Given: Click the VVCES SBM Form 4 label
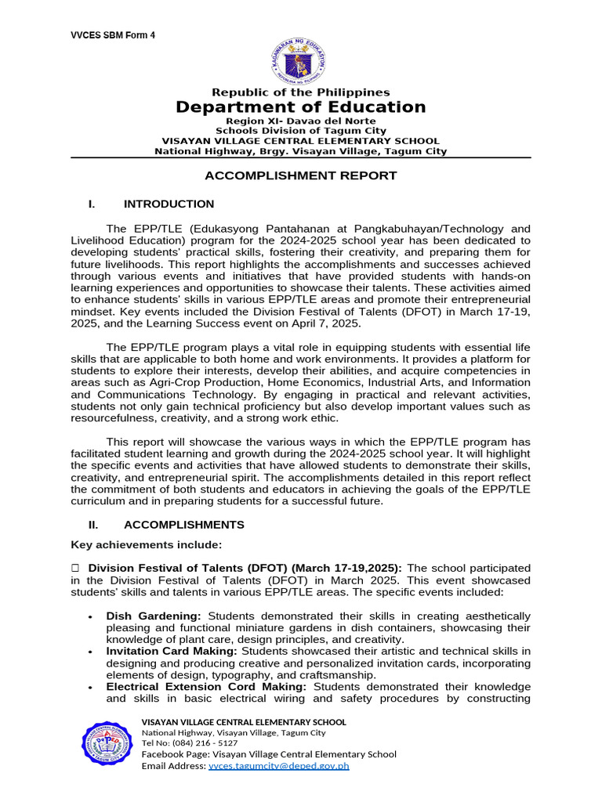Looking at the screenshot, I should tap(113, 35).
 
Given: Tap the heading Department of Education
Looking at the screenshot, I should tap(300, 107).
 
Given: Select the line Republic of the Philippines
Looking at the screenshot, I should tap(300, 92).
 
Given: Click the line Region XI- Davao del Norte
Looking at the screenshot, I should tap(300, 121).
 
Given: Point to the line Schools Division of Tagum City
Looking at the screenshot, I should tap(300, 131).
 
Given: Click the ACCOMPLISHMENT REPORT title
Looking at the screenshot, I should tap(300, 175).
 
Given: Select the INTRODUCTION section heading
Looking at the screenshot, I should tap(169, 204).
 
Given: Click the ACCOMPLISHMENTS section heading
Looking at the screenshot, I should tap(183, 525).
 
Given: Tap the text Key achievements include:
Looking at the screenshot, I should tap(147, 544).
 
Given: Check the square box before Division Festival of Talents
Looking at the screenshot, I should tap(76, 568).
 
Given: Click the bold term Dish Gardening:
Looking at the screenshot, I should tap(154, 616).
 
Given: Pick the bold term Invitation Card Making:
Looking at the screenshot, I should tap(172, 652).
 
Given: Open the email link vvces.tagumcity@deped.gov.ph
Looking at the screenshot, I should tap(278, 766).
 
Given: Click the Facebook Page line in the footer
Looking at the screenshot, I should tap(268, 754).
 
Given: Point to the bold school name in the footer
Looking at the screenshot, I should tap(243, 722).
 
